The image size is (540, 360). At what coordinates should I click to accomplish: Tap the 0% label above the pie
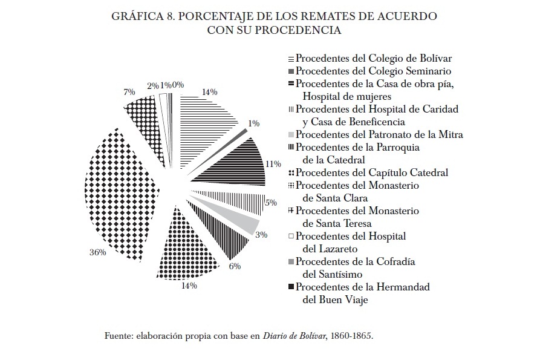pyautogui.click(x=178, y=85)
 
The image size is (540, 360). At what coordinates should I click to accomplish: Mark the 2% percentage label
pyautogui.click(x=152, y=86)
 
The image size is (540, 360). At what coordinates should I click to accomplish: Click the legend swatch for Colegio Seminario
pyautogui.click(x=291, y=71)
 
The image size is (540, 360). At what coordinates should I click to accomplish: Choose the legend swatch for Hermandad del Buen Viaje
pyautogui.click(x=291, y=287)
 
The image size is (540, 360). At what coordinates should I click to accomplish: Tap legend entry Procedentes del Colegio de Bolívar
pyautogui.click(x=374, y=58)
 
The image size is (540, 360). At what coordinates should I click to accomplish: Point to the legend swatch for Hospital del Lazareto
pyautogui.click(x=291, y=236)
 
